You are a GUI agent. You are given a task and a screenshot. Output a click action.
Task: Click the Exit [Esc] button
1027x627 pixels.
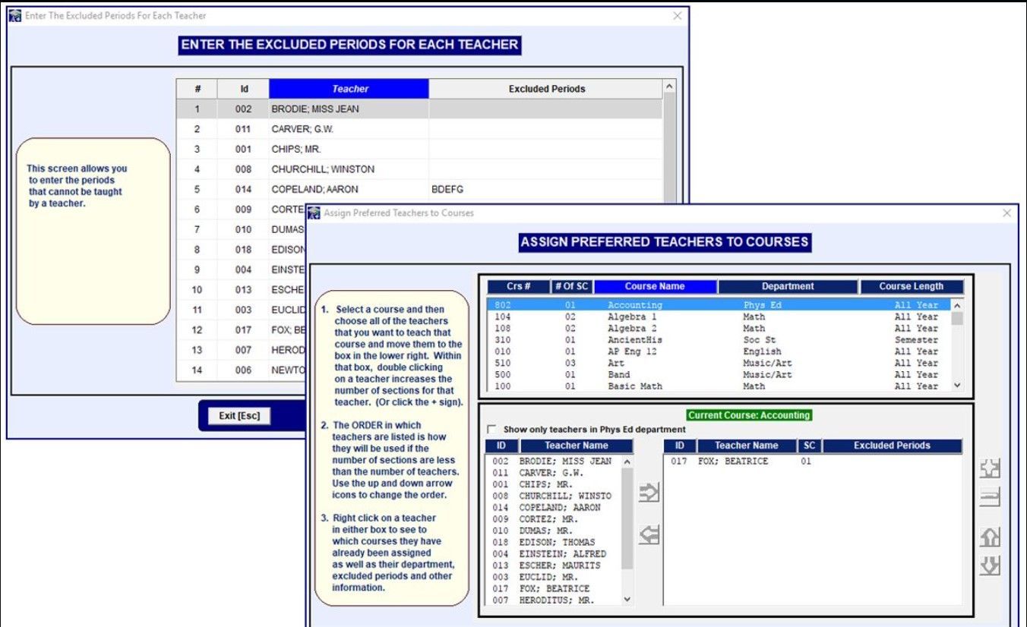(x=239, y=416)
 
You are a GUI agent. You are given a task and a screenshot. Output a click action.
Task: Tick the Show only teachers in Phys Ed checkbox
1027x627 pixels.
(x=491, y=430)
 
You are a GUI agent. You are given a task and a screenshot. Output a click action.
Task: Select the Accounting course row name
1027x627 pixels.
(x=634, y=305)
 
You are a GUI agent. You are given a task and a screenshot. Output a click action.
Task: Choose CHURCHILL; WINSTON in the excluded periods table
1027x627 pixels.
(x=323, y=169)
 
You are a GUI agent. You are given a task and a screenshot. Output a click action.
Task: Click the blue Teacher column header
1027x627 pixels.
(x=349, y=89)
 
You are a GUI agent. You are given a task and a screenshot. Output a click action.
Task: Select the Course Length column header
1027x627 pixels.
(x=911, y=286)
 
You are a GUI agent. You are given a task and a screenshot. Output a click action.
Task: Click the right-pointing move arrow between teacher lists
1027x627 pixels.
(x=649, y=493)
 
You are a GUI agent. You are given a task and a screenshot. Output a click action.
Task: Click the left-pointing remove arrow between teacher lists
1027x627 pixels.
(x=649, y=536)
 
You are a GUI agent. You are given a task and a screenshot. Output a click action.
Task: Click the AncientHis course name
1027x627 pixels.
(x=634, y=340)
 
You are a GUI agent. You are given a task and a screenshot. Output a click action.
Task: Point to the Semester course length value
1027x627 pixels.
(x=915, y=340)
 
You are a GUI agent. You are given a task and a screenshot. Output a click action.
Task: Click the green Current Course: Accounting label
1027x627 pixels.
(x=748, y=415)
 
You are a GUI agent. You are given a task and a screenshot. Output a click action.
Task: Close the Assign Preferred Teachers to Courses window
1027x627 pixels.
(x=1007, y=213)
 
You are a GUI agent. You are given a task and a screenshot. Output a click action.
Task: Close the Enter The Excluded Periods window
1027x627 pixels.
(x=678, y=16)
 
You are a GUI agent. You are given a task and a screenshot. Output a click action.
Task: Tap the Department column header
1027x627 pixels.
(x=788, y=286)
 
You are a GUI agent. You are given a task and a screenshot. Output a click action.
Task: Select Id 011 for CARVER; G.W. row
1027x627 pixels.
(x=243, y=129)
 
